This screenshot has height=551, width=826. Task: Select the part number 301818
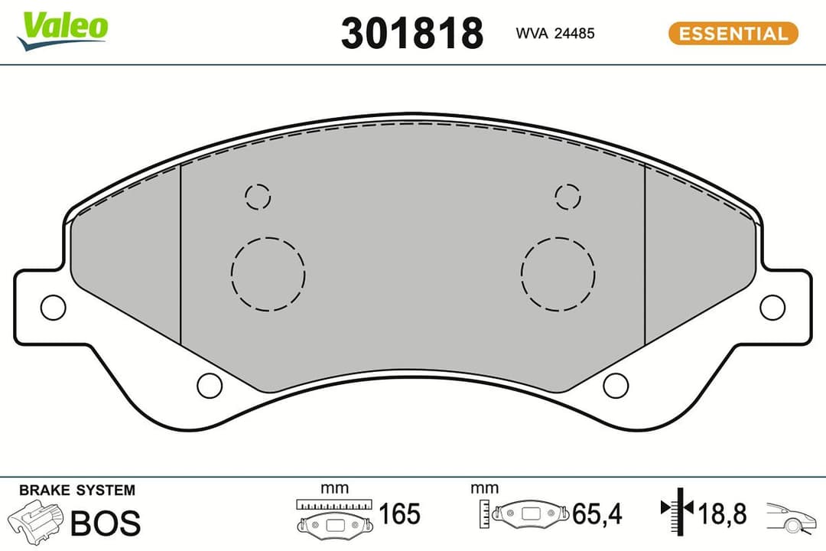(x=411, y=34)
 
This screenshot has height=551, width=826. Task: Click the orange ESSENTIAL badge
(x=733, y=34)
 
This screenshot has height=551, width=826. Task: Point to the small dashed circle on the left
(x=258, y=197)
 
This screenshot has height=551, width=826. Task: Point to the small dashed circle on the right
(x=567, y=197)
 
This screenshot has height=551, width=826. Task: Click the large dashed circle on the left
(x=268, y=273)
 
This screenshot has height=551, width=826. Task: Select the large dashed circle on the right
(x=558, y=273)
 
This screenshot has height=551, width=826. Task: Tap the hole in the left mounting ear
(x=53, y=307)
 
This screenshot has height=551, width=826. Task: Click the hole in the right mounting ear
(x=772, y=307)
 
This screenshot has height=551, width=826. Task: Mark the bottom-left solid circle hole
(x=210, y=386)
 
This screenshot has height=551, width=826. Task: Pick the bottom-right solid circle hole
(x=616, y=386)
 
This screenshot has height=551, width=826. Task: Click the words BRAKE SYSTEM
(x=76, y=491)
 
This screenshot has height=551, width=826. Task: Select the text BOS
(x=106, y=523)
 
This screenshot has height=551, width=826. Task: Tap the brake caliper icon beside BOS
(x=35, y=522)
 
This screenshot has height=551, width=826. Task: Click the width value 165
(x=399, y=514)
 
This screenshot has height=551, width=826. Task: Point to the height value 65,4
(x=597, y=514)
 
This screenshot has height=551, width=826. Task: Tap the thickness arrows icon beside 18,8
(x=676, y=509)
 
